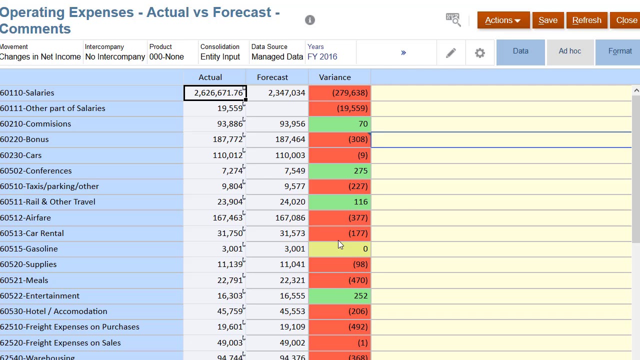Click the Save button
[548, 20]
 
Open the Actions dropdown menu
[503, 20]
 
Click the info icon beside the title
[309, 20]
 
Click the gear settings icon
[479, 53]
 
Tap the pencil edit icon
[451, 53]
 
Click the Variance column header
[335, 77]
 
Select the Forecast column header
[272, 77]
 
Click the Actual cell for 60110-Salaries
[215, 93]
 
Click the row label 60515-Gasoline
[29, 249]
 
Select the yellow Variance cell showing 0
[339, 249]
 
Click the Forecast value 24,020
[292, 202]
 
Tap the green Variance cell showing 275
[339, 171]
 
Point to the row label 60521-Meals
[24, 280]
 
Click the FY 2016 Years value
[322, 56]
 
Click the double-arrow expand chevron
[403, 52]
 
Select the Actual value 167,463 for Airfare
[227, 217]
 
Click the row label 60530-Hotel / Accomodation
[53, 311]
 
